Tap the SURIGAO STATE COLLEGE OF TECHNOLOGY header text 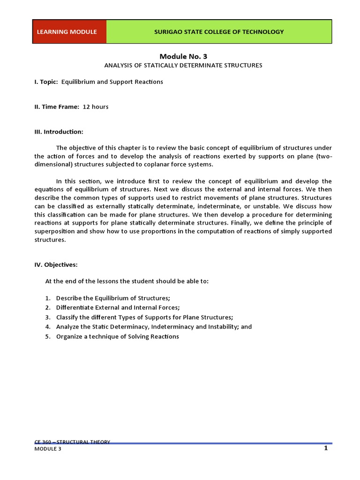pos(219,32)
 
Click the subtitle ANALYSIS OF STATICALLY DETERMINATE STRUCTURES pos(183,65)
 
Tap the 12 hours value pos(96,107)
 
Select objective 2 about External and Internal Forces pos(118,307)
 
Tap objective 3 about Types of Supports pos(144,317)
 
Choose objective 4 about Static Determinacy pos(154,327)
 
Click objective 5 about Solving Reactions pos(117,337)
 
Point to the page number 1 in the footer pos(325,448)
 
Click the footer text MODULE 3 pos(48,449)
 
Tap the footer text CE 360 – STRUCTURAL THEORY pos(72,442)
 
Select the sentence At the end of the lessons pos(127,281)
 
